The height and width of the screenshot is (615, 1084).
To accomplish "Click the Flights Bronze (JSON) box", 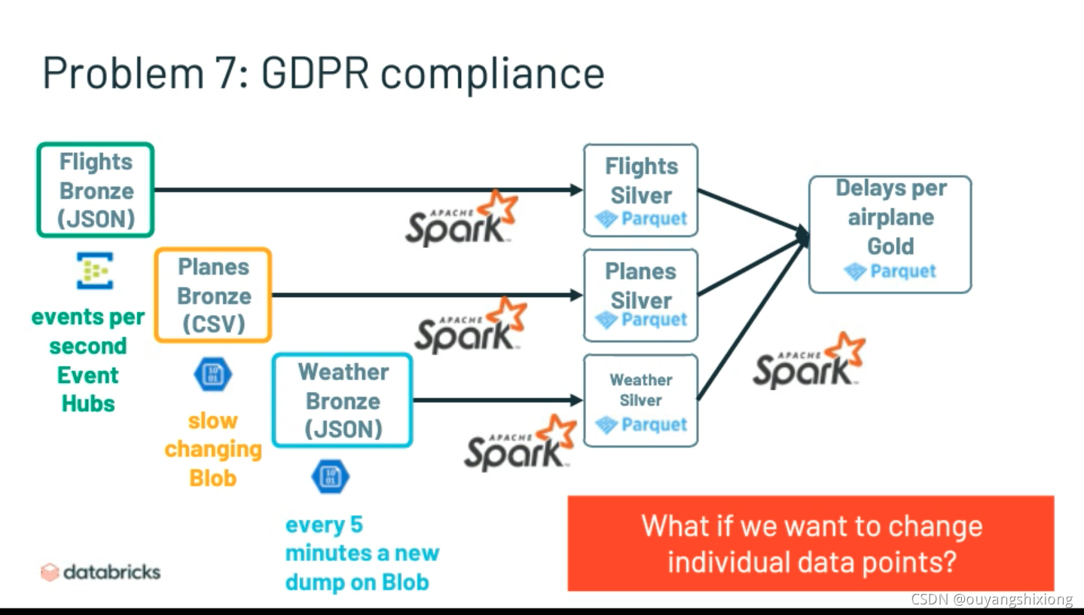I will (96, 191).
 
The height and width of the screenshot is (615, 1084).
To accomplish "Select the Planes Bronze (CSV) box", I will (212, 295).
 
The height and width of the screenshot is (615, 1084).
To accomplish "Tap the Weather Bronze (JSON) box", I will (342, 400).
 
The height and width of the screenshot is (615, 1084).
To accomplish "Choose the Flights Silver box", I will (641, 191).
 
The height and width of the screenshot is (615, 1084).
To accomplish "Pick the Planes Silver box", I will (641, 295).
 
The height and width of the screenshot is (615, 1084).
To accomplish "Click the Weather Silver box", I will (641, 400).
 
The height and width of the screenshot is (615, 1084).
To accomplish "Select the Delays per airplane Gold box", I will (890, 234).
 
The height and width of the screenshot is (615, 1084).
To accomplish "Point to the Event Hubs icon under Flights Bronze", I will (95, 271).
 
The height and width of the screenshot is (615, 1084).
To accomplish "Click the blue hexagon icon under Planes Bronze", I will (212, 375).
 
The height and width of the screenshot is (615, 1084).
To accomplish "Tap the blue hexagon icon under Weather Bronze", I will (330, 476).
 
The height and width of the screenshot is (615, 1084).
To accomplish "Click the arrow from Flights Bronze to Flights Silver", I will (362, 190).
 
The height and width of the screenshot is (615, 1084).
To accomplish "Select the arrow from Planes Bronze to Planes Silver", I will (422, 295).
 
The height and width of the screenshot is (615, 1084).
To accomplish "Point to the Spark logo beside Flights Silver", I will (462, 219).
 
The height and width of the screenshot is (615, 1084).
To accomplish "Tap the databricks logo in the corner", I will (101, 572).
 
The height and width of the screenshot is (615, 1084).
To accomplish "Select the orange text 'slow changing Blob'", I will (213, 449).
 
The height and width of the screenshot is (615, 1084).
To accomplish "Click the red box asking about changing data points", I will (811, 543).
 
